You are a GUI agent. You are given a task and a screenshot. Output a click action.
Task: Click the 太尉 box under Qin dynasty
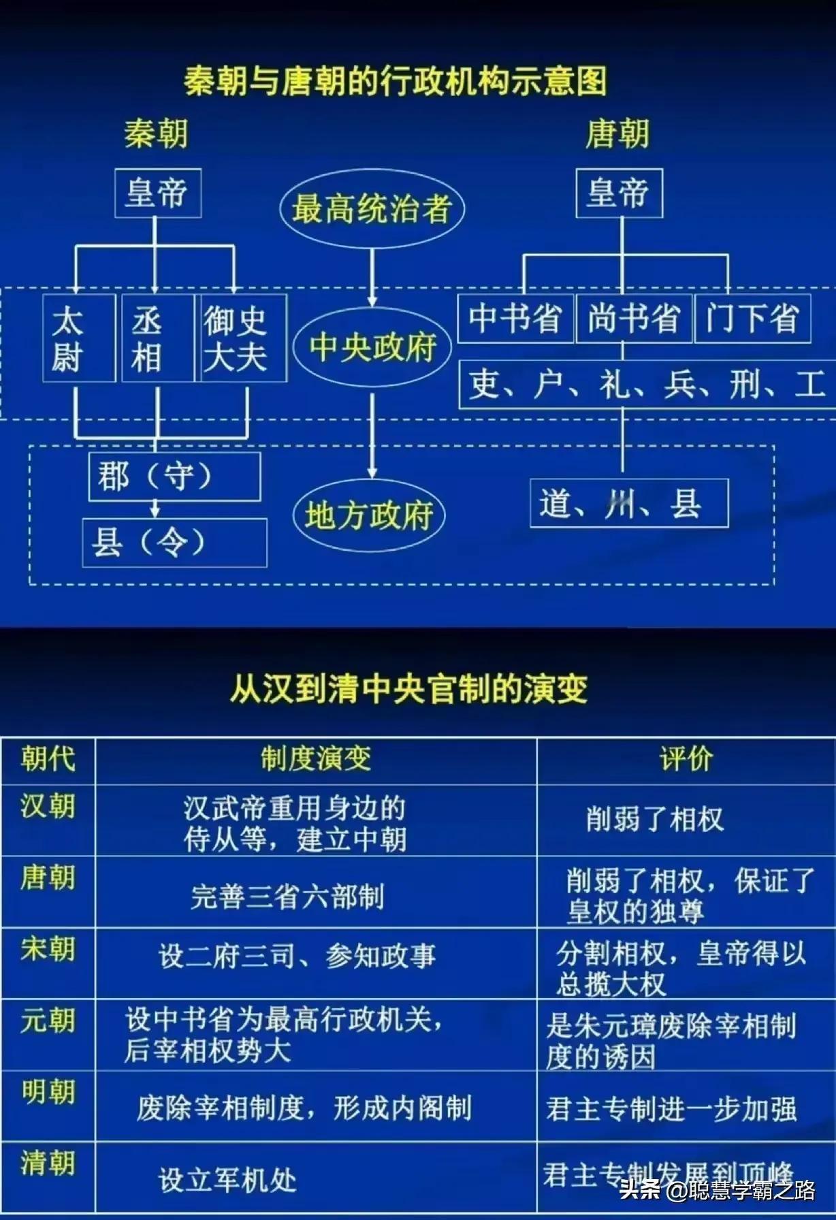point(78,338)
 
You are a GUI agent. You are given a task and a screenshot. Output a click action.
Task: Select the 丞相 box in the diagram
point(157,338)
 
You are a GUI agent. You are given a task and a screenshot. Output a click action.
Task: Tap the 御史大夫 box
point(241,338)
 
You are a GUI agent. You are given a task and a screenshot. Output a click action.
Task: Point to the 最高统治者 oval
point(372,208)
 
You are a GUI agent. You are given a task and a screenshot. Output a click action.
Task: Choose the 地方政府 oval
point(369,515)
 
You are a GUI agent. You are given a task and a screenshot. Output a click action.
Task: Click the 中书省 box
point(515,319)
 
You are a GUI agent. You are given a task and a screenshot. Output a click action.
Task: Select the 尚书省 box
point(634,319)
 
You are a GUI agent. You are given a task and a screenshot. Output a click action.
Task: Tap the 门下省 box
point(752,319)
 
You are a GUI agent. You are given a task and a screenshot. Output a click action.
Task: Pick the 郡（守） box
point(174,477)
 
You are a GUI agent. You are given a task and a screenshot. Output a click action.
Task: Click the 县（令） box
point(174,543)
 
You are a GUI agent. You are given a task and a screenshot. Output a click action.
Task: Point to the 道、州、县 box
point(629,503)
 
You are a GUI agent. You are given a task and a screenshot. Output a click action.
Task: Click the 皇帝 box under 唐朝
point(619,193)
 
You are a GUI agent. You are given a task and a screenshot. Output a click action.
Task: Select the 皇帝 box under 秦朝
point(157,193)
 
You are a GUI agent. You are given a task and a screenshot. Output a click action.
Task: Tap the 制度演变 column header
point(316,758)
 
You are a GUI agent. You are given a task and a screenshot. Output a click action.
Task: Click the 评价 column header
point(686,758)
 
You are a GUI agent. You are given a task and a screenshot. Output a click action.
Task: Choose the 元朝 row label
point(48,1021)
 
